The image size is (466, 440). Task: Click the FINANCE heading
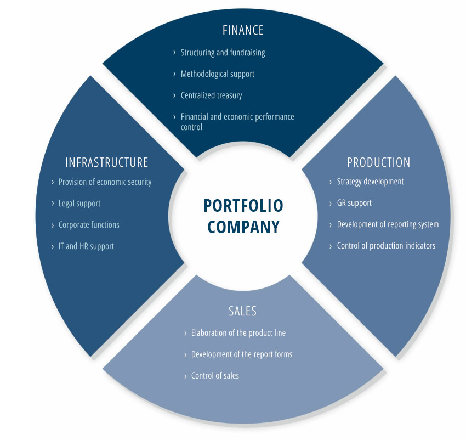tap(243, 30)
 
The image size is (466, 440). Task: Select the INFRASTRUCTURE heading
tap(107, 162)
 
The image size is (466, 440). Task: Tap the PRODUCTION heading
tap(379, 162)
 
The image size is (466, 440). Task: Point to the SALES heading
tap(242, 311)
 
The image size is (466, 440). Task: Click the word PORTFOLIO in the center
tap(243, 206)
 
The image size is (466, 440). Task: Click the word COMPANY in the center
tap(243, 227)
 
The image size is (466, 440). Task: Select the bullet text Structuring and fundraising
tap(223, 53)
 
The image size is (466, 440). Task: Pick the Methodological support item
tap(218, 74)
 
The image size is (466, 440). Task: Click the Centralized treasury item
tap(211, 95)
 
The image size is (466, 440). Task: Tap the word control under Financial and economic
tap(191, 127)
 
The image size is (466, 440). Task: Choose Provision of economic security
tap(105, 182)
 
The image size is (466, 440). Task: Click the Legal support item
tap(79, 204)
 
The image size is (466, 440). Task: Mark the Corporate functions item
tap(89, 225)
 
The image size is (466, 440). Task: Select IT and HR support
tap(86, 246)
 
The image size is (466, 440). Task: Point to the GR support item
tap(354, 203)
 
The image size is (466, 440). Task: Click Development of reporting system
tap(388, 224)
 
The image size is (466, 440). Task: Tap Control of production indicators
tap(386, 246)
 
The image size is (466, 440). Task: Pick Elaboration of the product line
tap(238, 333)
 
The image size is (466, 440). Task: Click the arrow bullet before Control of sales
tap(185, 376)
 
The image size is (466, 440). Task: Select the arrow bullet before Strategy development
tap(331, 182)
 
